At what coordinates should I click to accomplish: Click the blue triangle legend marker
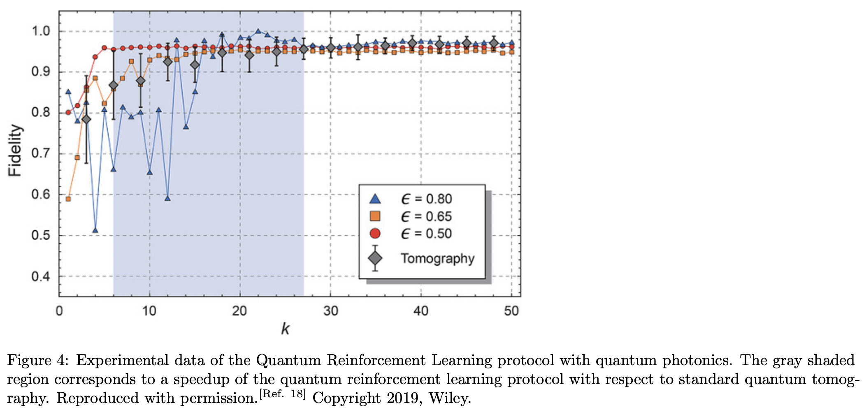click(375, 199)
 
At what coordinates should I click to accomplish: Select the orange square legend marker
click(375, 216)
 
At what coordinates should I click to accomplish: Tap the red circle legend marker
click(375, 234)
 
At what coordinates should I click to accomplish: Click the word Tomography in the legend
click(438, 258)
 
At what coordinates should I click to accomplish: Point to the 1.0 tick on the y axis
click(41, 31)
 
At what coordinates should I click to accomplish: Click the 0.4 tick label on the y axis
click(41, 276)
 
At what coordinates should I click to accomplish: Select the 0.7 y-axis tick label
click(41, 154)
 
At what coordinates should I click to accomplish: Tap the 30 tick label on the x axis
click(330, 311)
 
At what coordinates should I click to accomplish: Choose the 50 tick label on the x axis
click(511, 311)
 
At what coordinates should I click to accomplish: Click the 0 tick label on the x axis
click(59, 311)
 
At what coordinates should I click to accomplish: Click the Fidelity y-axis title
click(15, 150)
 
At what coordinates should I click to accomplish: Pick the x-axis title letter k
click(285, 329)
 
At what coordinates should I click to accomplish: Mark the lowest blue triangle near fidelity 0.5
click(95, 230)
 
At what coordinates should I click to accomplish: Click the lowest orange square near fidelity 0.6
click(68, 199)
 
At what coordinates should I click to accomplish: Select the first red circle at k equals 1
click(68, 112)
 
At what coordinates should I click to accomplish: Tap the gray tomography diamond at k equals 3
click(86, 119)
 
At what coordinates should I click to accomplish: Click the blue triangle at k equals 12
click(167, 198)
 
